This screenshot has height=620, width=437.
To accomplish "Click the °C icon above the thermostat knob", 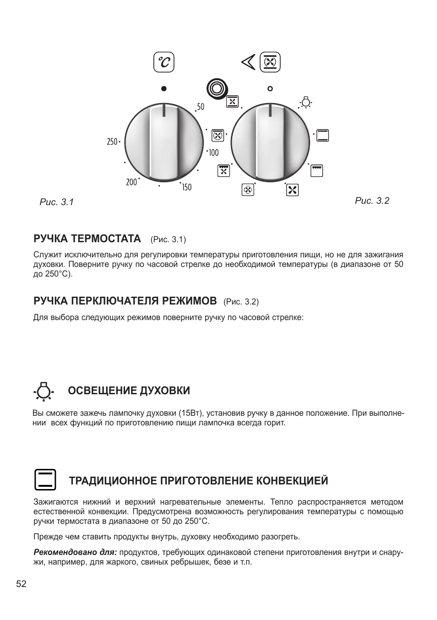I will [164, 62].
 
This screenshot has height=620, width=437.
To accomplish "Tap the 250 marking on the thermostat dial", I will [112, 142].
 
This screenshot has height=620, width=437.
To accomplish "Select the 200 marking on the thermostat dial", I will [131, 182].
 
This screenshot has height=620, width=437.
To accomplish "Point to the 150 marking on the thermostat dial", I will [186, 187].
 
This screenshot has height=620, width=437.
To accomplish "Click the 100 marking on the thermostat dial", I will [214, 152].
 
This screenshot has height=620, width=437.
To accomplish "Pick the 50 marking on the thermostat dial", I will [201, 107].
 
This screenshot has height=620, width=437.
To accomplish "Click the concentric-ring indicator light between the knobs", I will [216, 88].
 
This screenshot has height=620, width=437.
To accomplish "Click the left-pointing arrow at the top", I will [248, 62].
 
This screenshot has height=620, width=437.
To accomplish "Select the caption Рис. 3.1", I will [57, 202].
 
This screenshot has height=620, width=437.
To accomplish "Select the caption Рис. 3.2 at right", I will [372, 201].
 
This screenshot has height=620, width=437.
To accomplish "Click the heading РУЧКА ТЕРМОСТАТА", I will [87, 239].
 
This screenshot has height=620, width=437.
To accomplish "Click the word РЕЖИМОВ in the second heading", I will [189, 301].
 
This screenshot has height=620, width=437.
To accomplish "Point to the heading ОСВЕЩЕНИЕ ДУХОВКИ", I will [129, 391].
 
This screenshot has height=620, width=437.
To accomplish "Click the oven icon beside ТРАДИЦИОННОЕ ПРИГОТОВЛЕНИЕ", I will [45, 480].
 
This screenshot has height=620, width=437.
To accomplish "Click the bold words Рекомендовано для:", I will [75, 552].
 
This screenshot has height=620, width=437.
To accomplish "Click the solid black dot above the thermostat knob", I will [164, 88].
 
